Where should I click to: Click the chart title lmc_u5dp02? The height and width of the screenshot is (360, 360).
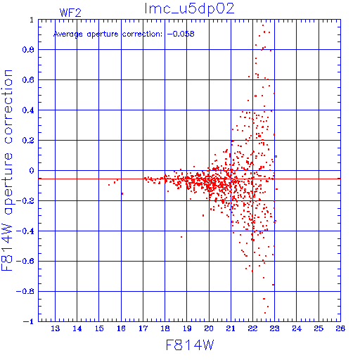tap(189, 9)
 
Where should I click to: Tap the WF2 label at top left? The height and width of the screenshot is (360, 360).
tap(70, 13)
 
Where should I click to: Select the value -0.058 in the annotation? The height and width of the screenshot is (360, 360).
tap(181, 34)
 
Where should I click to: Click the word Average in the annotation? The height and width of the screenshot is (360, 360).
tap(68, 34)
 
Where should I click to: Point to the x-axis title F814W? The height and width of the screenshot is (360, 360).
tap(190, 345)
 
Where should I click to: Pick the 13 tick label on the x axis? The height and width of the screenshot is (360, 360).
tap(56, 328)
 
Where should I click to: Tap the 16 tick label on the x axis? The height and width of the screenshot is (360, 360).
tap(121, 328)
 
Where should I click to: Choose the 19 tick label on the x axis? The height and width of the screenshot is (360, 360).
tap(187, 328)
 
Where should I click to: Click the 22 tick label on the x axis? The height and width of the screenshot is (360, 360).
tap(252, 328)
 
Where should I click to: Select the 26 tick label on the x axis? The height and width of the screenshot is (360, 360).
tap(340, 328)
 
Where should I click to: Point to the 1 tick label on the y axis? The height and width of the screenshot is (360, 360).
tap(32, 20)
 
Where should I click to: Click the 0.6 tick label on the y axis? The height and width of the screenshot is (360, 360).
tap(28, 80)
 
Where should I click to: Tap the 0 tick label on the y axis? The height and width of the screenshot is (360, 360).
tap(32, 171)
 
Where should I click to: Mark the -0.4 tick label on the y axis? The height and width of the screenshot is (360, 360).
tap(25, 231)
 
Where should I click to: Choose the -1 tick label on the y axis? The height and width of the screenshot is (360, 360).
tap(29, 321)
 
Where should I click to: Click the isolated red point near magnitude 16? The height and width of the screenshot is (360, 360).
tap(122, 193)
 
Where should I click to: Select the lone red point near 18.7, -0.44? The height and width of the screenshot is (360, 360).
tap(181, 237)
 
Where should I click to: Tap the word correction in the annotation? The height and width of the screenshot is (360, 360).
tap(142, 34)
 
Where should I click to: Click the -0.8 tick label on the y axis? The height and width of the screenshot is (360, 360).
tap(25, 291)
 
